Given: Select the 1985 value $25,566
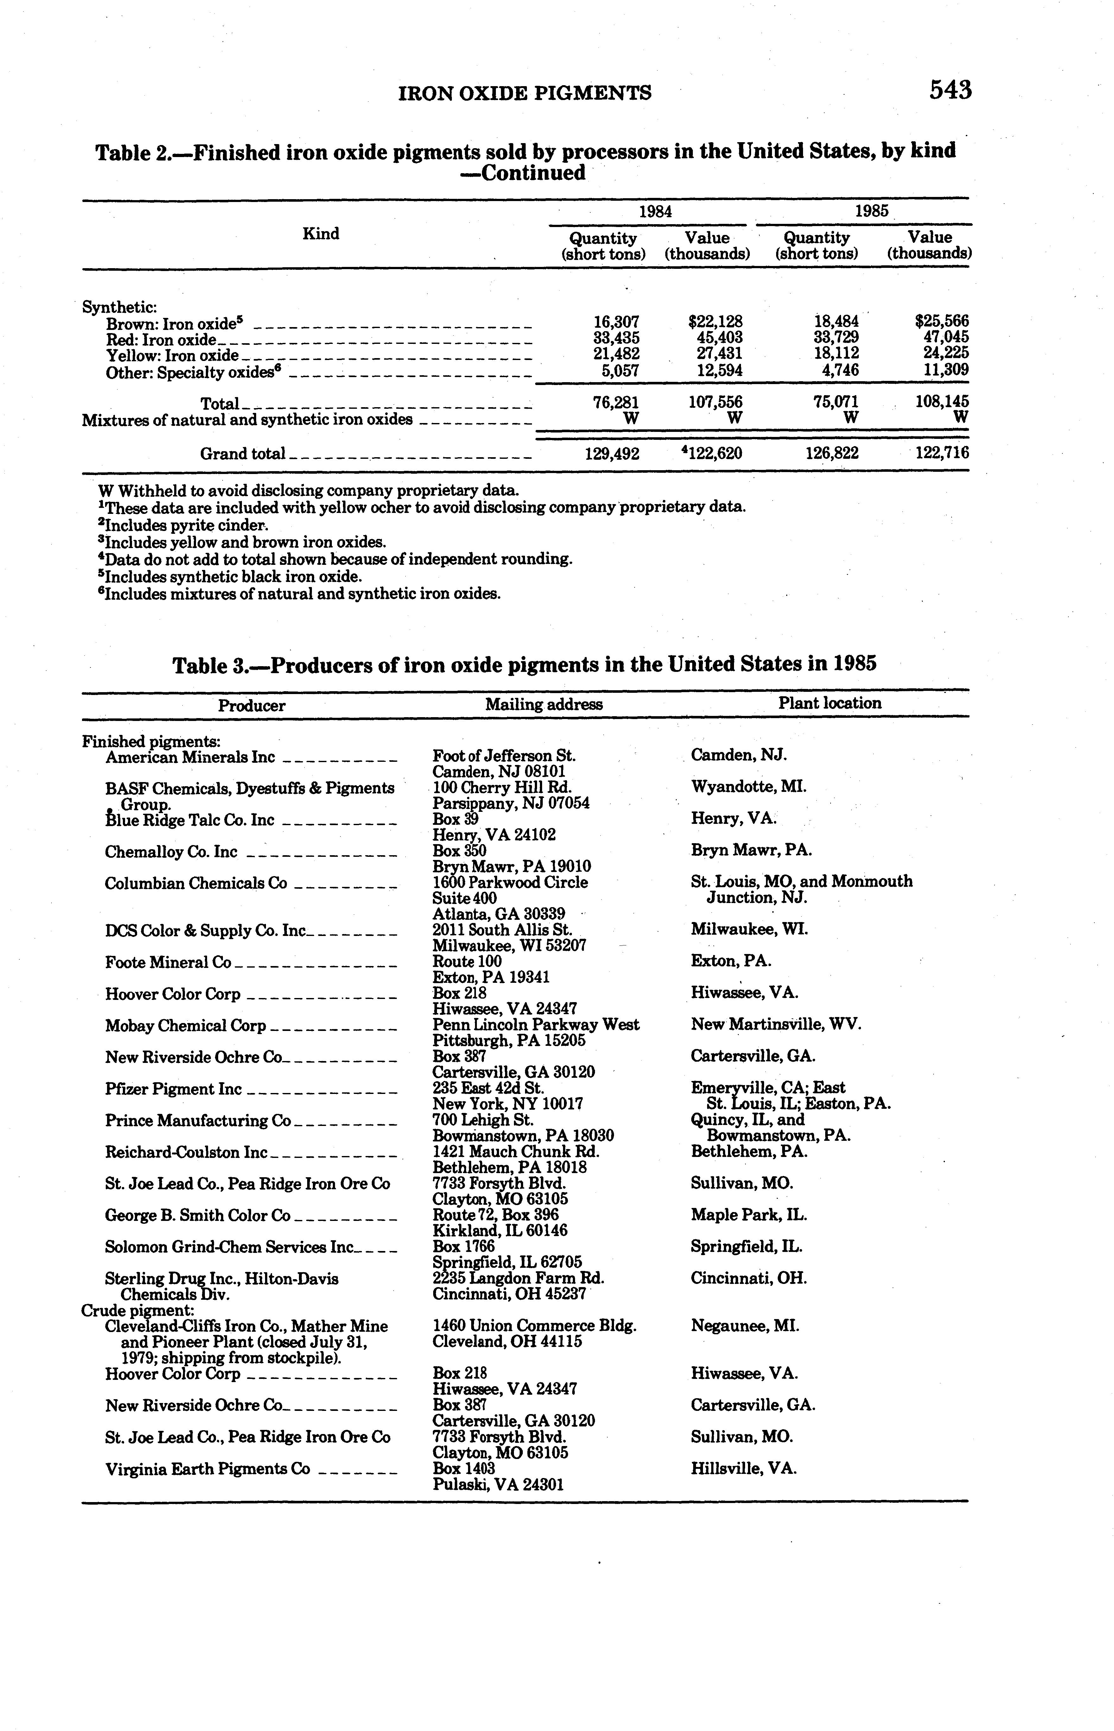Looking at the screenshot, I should [x=941, y=321].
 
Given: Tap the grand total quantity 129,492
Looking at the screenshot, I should [x=612, y=453].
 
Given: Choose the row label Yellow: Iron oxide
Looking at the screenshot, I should [x=172, y=355].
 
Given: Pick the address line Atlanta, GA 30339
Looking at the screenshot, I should [x=498, y=914].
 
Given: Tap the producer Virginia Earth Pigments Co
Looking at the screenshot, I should [x=208, y=1469].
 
